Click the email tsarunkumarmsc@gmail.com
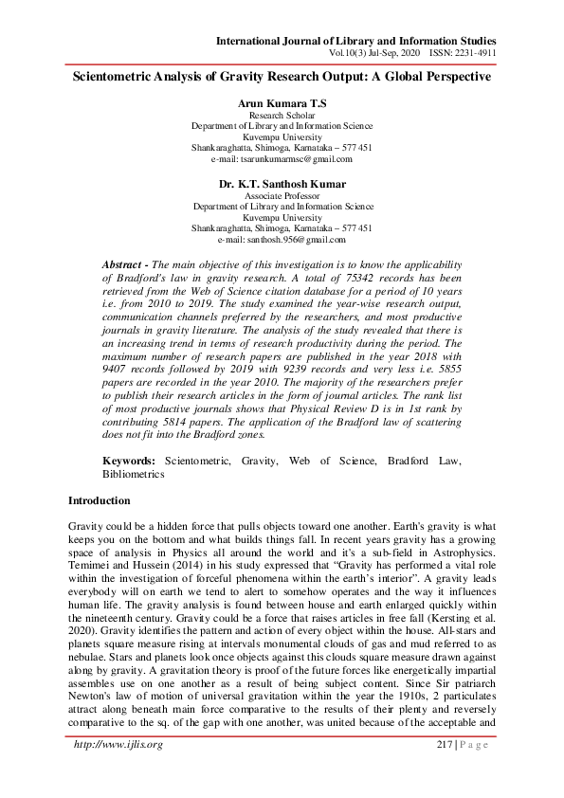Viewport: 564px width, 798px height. [282, 160]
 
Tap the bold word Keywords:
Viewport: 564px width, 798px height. [130, 460]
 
